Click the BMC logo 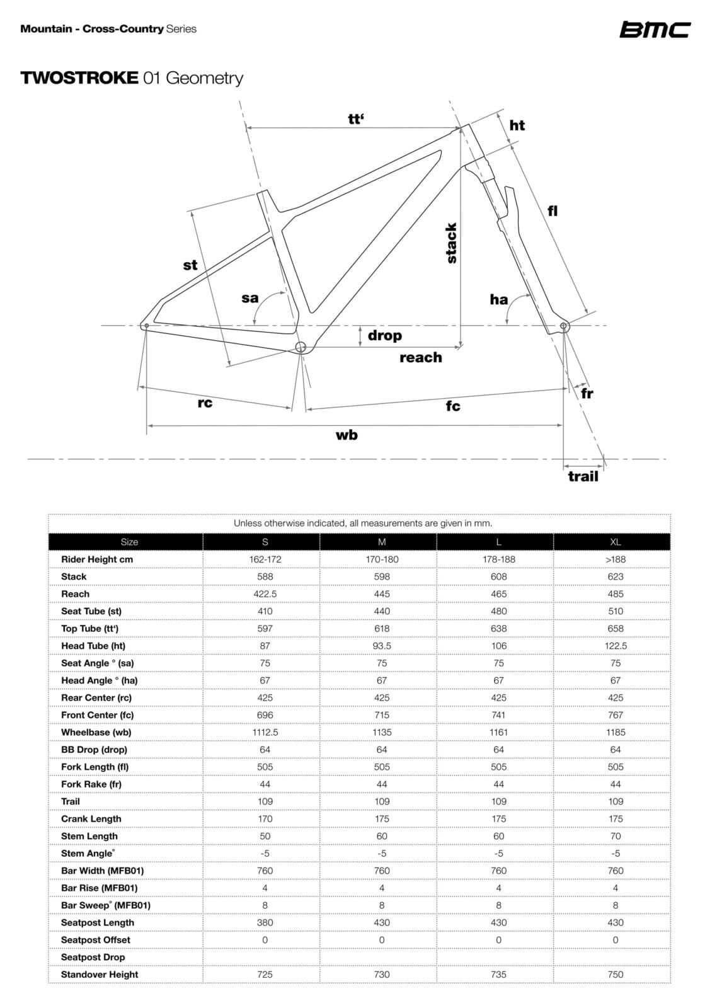(655, 30)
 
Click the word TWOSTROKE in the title (79, 78)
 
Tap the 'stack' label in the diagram (451, 243)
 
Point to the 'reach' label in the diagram (420, 358)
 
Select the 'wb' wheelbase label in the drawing (347, 435)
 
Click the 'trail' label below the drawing (583, 476)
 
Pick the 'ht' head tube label (517, 125)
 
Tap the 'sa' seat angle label (250, 298)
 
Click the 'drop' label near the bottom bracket (384, 335)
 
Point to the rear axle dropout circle (147, 326)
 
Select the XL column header (616, 542)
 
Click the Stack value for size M (382, 576)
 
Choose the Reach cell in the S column (265, 594)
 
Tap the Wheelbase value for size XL (616, 732)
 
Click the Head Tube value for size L (498, 646)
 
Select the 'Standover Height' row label (100, 975)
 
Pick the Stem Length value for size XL (616, 836)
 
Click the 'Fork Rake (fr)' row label (91, 784)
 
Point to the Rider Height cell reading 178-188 (498, 559)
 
